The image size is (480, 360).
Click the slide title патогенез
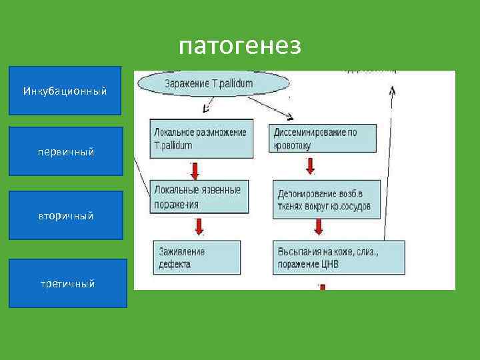point(240,46)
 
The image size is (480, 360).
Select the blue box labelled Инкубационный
point(65,90)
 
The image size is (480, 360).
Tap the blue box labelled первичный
point(65,151)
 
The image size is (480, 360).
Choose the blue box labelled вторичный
point(65,215)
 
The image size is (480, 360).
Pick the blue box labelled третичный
point(67,283)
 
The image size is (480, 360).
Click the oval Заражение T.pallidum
point(213,83)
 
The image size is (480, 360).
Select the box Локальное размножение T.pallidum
point(202,139)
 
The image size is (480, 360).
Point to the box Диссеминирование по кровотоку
point(323,139)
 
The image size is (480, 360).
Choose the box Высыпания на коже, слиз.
point(338,257)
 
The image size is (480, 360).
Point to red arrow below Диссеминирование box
point(318,169)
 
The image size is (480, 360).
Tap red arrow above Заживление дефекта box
point(199,227)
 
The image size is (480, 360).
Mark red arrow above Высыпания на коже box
point(318,227)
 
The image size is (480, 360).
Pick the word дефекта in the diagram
point(175,264)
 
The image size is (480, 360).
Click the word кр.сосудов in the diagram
point(350,206)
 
